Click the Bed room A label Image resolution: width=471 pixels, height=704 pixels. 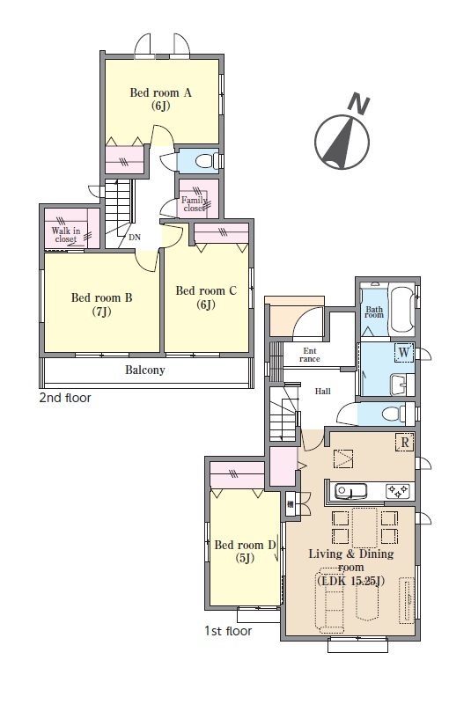161,93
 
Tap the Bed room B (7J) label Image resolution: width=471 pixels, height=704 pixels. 101,304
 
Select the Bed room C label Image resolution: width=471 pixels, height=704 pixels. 206,291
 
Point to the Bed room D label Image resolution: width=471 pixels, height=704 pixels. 245,545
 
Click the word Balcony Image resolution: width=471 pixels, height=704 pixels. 144,370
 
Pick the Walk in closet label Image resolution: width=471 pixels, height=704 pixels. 65,235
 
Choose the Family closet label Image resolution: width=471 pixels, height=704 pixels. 194,204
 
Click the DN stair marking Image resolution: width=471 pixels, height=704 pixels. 135,237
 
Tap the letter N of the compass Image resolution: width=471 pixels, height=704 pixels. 359,104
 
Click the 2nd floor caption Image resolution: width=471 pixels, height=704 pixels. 65,398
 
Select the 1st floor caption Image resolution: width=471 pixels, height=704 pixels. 228,631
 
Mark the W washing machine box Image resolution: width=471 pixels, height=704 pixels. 404,353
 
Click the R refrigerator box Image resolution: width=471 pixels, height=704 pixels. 405,443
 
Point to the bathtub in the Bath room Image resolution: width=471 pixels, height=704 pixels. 402,310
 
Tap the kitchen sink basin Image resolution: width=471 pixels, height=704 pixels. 350,491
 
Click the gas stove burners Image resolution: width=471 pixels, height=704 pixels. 398,491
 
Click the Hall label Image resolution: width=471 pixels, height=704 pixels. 322,392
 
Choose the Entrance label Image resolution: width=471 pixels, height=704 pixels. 310,355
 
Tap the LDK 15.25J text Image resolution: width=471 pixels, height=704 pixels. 350,581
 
